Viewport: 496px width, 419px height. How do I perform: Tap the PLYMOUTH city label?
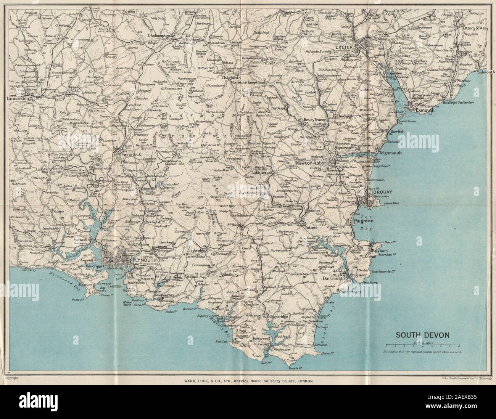(x=143, y=260)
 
